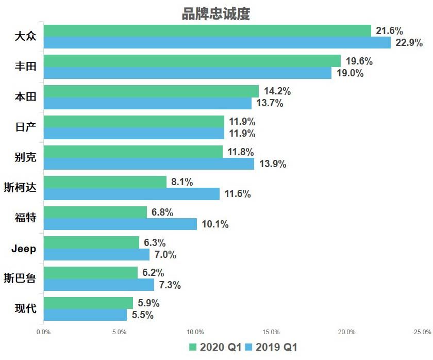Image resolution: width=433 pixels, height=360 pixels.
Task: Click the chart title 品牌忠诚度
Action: [x=216, y=14]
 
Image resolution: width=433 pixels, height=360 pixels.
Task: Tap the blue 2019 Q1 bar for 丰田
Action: [x=187, y=73]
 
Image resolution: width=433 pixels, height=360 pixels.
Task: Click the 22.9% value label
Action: [x=409, y=43]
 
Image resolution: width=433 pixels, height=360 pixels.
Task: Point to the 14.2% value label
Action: [x=277, y=91]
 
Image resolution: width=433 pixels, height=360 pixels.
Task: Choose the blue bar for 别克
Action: [x=148, y=164]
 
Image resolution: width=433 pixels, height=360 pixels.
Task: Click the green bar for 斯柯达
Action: [x=105, y=182]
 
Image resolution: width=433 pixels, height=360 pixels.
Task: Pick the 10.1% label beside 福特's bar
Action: [x=215, y=224]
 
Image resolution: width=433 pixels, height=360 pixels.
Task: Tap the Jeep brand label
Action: [x=24, y=249]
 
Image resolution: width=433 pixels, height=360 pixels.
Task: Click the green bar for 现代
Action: [x=88, y=303]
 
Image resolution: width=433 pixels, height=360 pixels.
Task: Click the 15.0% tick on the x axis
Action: [x=271, y=332]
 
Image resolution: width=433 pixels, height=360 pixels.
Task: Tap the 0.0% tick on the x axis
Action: [x=43, y=332]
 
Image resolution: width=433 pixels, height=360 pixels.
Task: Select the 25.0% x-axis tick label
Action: [x=422, y=332]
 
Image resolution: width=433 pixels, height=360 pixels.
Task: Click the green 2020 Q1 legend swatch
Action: [x=194, y=347]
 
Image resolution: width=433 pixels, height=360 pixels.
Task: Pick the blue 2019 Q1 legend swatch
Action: [x=250, y=347]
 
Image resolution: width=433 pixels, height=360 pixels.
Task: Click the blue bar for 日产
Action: [x=134, y=134]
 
